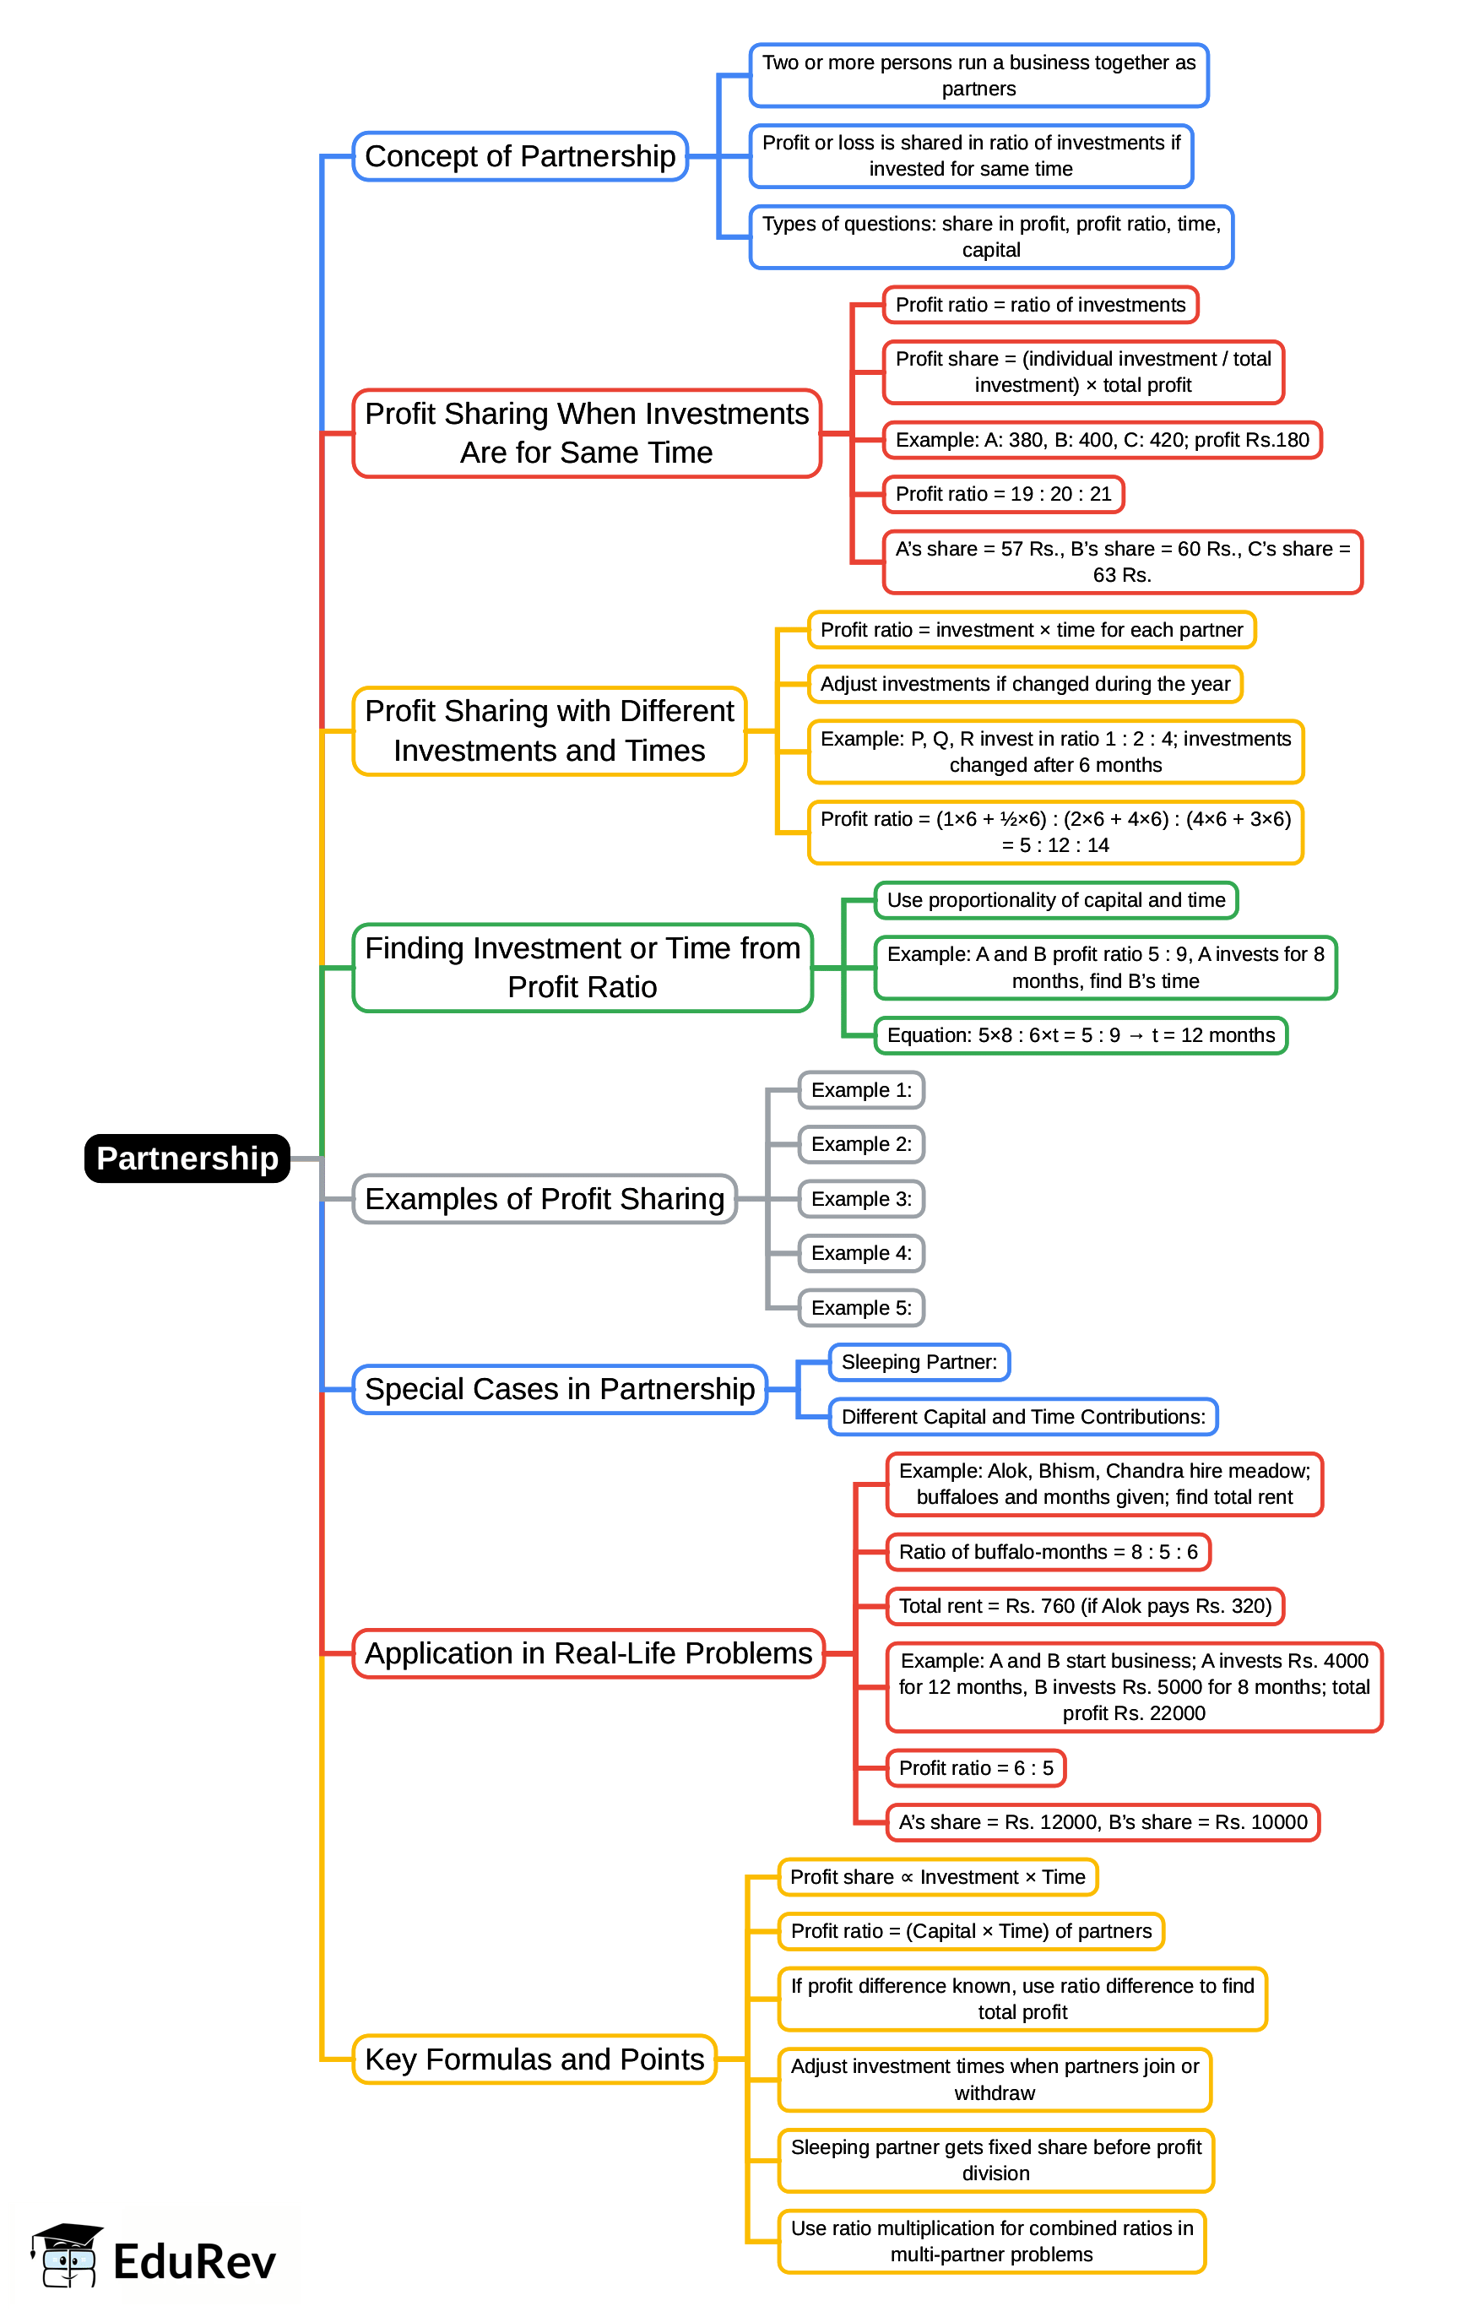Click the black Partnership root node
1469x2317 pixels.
pos(187,1158)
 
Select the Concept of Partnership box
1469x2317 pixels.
pos(519,156)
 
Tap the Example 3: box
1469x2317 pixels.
pos(861,1199)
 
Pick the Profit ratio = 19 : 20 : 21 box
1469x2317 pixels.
pos(1002,494)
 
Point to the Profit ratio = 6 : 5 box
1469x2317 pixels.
pos(975,1767)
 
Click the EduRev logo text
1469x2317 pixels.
pos(194,2261)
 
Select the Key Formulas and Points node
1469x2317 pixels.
pos(534,2059)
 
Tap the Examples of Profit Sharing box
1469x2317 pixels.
pos(545,1199)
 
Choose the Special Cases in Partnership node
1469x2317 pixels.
pos(559,1388)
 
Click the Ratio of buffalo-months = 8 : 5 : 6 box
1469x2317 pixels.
pos(1048,1551)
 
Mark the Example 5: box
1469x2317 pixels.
pos(861,1308)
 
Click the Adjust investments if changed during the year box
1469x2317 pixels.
pos(1025,684)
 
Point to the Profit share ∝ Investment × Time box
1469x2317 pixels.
pos(937,1876)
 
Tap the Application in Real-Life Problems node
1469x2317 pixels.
pos(588,1653)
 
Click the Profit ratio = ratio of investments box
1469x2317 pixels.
pos(1040,305)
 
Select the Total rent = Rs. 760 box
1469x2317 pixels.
pos(1084,1606)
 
